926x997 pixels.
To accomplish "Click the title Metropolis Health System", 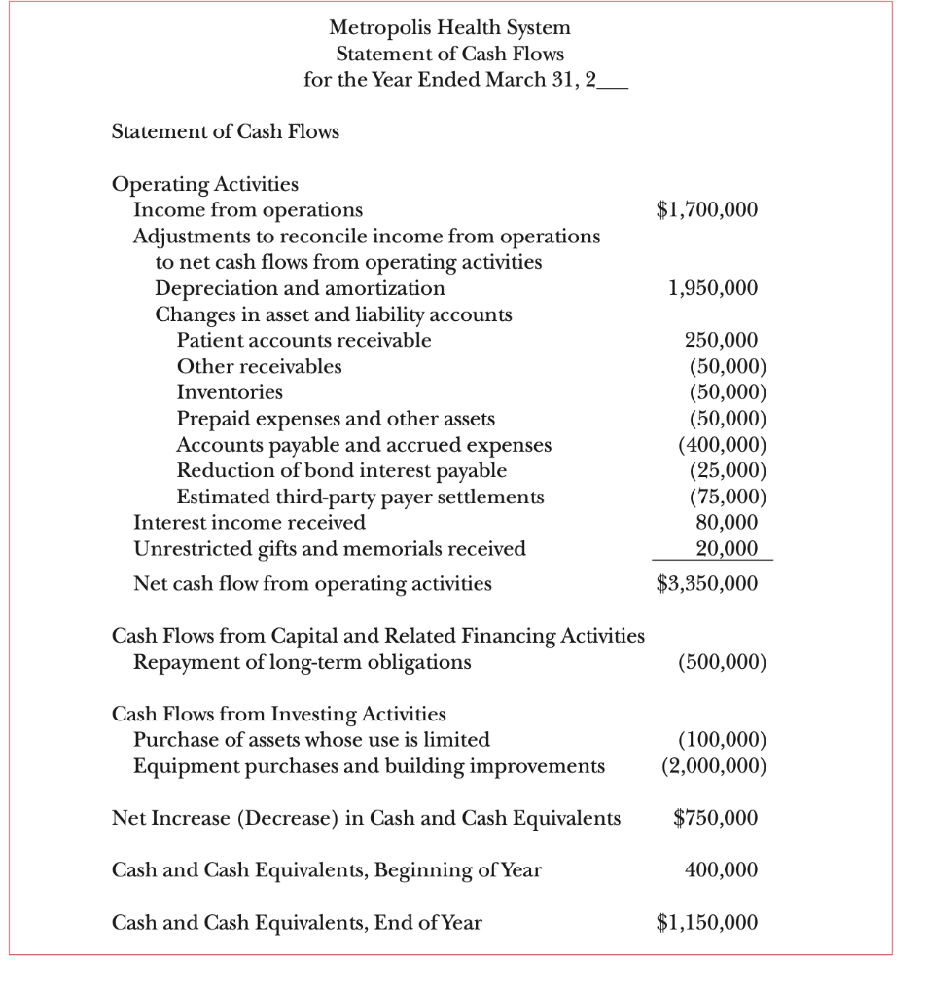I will tap(449, 27).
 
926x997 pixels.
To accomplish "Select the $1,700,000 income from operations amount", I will tap(707, 209).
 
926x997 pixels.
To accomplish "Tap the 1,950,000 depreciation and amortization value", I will tap(713, 288).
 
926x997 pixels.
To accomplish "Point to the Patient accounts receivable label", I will tap(303, 341).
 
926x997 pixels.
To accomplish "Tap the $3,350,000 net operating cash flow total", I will tap(707, 584).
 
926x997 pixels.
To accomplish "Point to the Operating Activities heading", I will tap(206, 184).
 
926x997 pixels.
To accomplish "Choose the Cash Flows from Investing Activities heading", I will tap(279, 714).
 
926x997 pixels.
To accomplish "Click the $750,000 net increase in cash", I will tap(715, 818).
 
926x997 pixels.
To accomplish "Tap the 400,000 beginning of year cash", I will tap(721, 869).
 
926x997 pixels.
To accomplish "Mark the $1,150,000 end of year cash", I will tap(707, 922).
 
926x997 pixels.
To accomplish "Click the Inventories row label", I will tap(230, 392).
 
